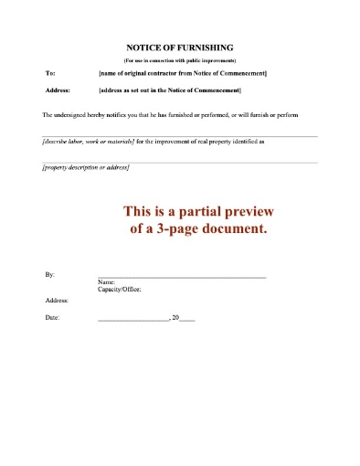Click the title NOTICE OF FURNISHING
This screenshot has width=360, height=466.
point(180,47)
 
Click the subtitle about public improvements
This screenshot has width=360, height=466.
point(180,59)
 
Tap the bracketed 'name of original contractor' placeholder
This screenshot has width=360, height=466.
point(182,72)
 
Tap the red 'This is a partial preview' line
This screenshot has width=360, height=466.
point(198,212)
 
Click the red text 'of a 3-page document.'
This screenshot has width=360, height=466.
point(198,229)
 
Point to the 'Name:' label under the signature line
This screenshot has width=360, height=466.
point(105,282)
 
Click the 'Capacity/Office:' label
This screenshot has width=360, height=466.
point(119,290)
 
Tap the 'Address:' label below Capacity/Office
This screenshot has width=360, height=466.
point(57,300)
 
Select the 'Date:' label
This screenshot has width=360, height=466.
point(52,317)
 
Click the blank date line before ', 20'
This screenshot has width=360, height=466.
point(132,319)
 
